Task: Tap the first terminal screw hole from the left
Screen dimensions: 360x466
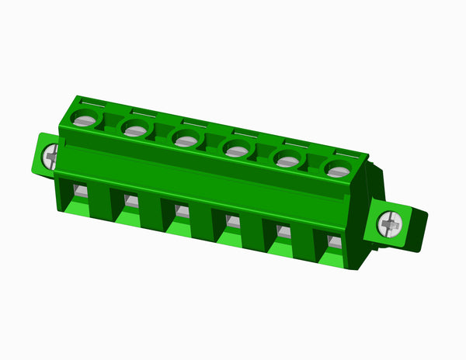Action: (85, 119)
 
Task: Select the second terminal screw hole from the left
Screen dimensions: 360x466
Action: (135, 129)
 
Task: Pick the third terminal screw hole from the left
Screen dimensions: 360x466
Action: (185, 140)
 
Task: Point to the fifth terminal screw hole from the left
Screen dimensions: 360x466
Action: (287, 160)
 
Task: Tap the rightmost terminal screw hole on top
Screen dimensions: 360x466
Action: (337, 170)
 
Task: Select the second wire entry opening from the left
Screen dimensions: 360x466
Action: (130, 201)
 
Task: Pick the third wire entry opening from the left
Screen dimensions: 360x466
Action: (181, 210)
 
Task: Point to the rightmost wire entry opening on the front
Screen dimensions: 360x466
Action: (332, 241)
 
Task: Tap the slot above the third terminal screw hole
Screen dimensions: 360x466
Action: (194, 121)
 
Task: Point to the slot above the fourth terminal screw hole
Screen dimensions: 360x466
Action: (245, 131)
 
